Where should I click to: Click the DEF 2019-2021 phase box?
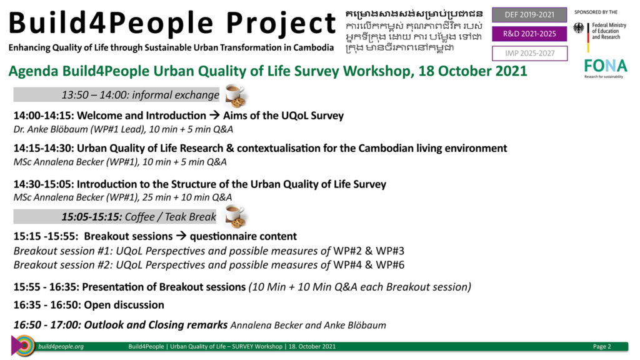[529, 15]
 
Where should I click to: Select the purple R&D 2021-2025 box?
[529, 34]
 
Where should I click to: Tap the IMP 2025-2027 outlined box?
[529, 54]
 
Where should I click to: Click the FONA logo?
[605, 67]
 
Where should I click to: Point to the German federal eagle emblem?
[579, 28]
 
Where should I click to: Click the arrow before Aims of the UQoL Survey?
[215, 116]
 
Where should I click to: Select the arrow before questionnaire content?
[181, 236]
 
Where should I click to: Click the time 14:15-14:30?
[44, 148]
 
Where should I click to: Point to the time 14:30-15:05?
[44, 184]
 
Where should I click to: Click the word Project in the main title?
[281, 24]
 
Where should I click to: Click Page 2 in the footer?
[602, 346]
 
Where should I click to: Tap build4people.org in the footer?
[61, 346]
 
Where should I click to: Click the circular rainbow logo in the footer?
[24, 346]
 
